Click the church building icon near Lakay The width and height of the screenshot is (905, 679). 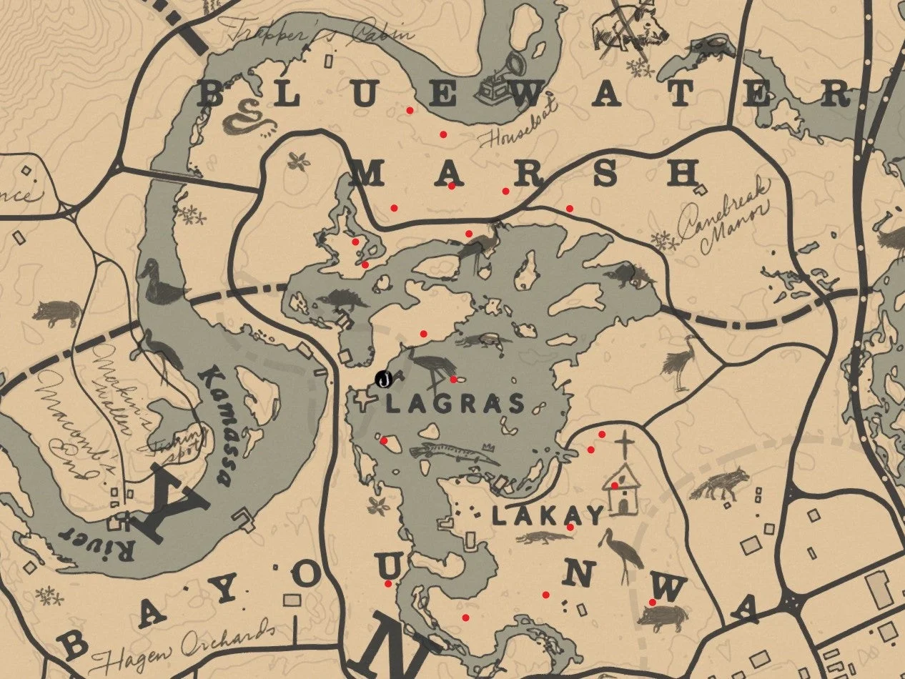pyautogui.click(x=622, y=490)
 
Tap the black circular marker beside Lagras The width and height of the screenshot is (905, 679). pyautogui.click(x=384, y=380)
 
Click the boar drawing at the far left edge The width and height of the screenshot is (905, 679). pyautogui.click(x=57, y=312)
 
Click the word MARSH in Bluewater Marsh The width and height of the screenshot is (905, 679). pyautogui.click(x=526, y=174)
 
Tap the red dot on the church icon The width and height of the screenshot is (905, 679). pyautogui.click(x=614, y=486)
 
